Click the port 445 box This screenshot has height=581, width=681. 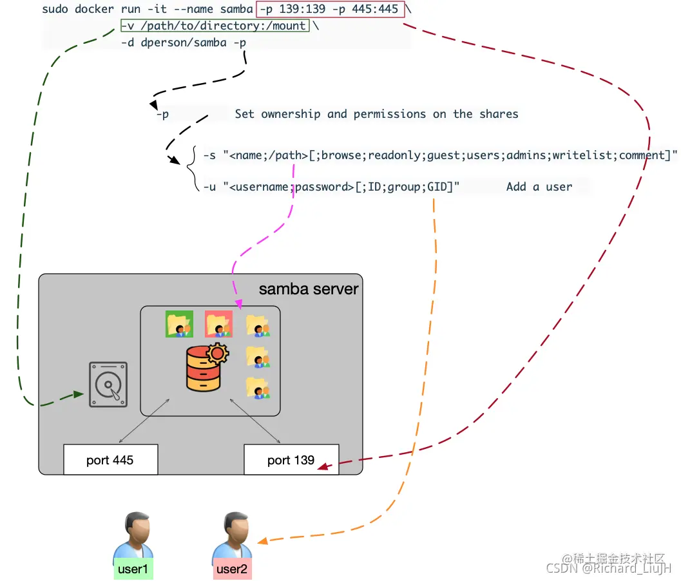pos(110,460)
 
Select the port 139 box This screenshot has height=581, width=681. pos(291,460)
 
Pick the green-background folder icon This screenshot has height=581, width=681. pos(179,324)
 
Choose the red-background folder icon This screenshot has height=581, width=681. pos(218,324)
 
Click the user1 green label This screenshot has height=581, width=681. pos(133,569)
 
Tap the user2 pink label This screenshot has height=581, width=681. pos(232,569)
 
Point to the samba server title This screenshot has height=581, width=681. pos(308,289)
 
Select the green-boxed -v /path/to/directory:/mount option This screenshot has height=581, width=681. pos(215,26)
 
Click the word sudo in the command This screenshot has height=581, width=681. pos(55,9)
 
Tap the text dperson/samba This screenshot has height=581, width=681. pos(191,43)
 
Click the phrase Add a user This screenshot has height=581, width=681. pos(539,187)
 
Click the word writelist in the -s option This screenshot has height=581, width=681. pos(579,155)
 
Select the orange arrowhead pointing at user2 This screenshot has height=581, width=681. pos(262,541)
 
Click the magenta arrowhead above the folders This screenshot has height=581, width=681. pos(238,303)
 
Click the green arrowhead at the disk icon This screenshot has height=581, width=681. pos(80,394)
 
